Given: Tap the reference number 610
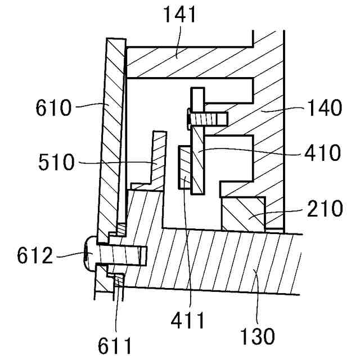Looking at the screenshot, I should [x=54, y=106].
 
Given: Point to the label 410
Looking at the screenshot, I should [x=321, y=152].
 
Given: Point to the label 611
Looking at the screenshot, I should [x=116, y=342].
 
